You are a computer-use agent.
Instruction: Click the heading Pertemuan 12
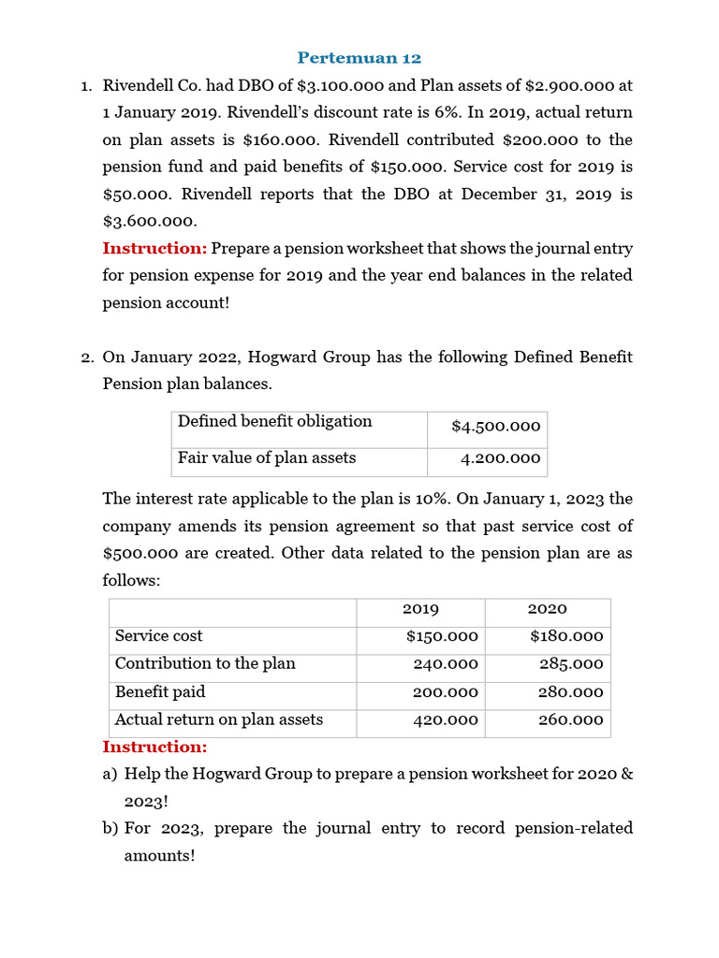click(x=359, y=58)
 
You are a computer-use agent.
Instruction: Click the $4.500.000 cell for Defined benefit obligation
click(x=495, y=427)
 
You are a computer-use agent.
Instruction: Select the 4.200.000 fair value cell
click(x=500, y=458)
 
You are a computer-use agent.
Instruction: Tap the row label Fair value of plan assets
click(x=267, y=458)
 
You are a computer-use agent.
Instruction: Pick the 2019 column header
click(x=420, y=609)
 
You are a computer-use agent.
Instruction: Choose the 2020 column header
click(x=548, y=609)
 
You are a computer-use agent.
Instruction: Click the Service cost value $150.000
click(x=442, y=636)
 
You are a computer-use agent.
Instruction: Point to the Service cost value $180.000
click(x=566, y=636)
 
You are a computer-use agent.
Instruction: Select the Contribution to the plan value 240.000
click(x=446, y=664)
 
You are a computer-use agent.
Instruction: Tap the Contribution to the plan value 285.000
click(x=571, y=664)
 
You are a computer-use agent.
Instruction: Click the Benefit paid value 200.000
click(x=446, y=693)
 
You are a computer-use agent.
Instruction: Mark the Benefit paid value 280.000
click(x=571, y=693)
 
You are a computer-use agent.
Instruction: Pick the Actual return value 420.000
click(x=446, y=720)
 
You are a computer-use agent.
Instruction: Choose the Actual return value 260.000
click(x=571, y=720)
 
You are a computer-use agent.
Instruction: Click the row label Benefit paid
click(x=160, y=692)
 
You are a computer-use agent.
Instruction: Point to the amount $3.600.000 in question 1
click(x=150, y=222)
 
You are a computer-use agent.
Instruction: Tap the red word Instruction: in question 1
click(x=154, y=249)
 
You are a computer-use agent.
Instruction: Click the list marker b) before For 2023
click(x=110, y=829)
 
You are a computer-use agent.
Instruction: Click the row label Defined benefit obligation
click(x=275, y=422)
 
